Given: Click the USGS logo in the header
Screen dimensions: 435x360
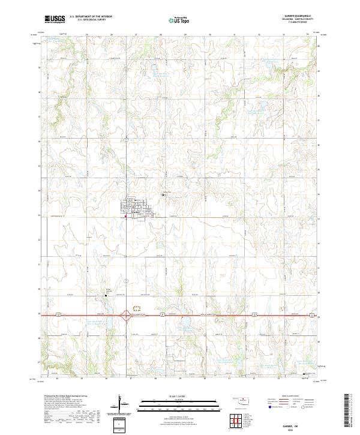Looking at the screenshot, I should point(55,19).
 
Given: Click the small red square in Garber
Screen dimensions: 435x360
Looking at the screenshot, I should point(126,217).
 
